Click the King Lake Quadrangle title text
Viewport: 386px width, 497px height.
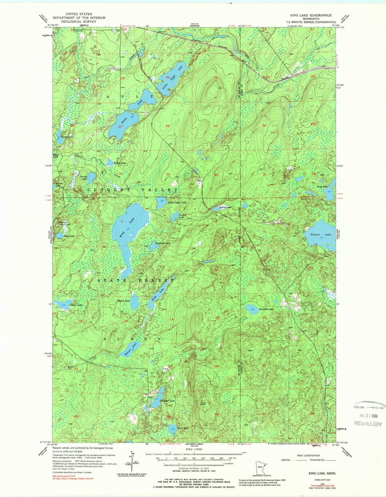coord(311,15)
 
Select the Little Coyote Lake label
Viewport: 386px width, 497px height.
coord(177,203)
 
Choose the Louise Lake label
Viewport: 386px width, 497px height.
coord(76,305)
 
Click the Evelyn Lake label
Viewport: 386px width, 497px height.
coord(120,163)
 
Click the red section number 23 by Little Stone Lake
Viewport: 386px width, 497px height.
coord(168,77)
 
